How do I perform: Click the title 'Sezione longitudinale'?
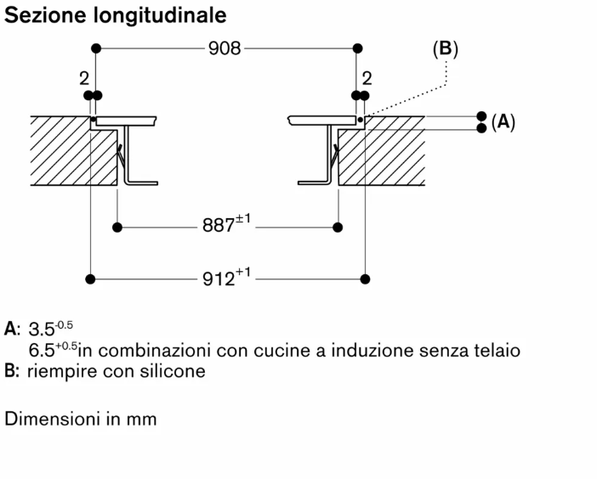coord(116,16)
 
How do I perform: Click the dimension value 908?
coord(226,48)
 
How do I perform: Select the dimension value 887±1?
coord(225,226)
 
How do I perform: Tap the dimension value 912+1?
coord(225,278)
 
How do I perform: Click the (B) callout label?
coord(445,49)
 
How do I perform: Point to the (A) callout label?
coord(503,121)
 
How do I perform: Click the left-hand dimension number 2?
coord(84,78)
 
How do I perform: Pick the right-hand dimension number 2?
coord(367,78)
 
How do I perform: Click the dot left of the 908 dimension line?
coord(96,48)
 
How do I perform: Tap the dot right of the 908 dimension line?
coord(357,48)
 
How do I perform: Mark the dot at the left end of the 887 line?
coord(117,227)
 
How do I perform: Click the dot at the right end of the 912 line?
coord(366,278)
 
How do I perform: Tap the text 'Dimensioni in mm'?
coord(81,419)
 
